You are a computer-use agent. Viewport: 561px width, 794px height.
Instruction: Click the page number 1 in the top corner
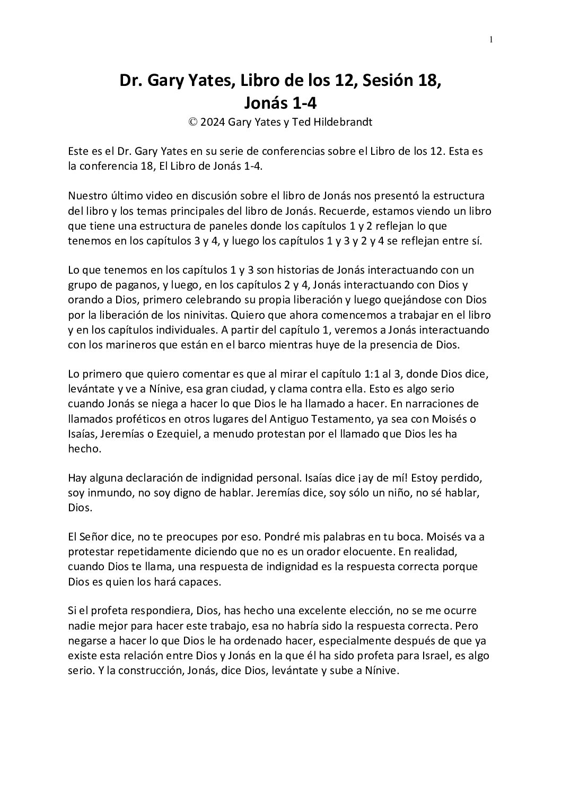coord(492,39)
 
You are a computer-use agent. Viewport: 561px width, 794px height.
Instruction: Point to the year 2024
coord(213,122)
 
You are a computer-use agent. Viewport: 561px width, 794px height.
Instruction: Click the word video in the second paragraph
coord(153,196)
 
